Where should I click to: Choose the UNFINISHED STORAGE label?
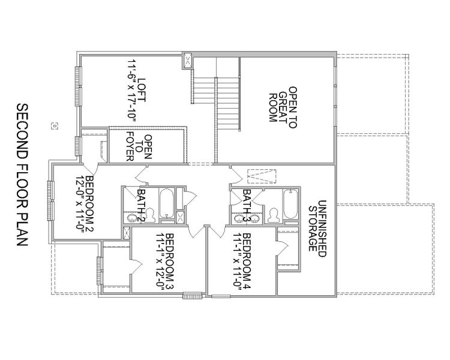point(316,225)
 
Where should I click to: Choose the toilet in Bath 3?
point(274,213)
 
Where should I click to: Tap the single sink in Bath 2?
point(130,216)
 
